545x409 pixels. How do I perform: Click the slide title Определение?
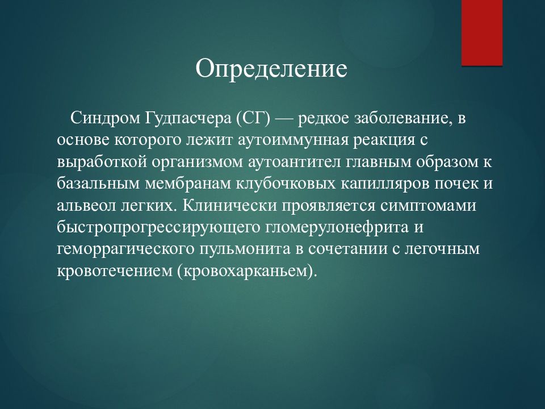(271, 69)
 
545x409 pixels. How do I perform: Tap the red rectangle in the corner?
(482, 33)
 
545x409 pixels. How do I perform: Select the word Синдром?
(105, 119)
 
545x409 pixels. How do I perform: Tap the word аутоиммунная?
(293, 141)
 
